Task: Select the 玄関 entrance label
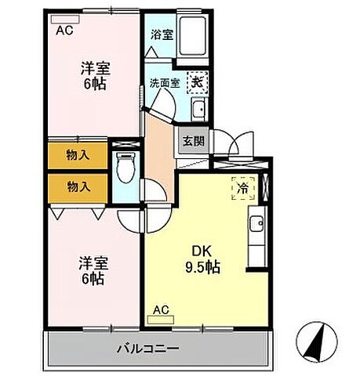point(192,141)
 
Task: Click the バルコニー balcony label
point(148,346)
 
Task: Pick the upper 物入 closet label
point(78,155)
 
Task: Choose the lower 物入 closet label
point(78,186)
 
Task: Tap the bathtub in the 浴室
point(189,36)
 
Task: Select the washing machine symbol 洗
point(197,82)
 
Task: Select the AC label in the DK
point(161,310)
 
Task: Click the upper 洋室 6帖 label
point(94,76)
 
